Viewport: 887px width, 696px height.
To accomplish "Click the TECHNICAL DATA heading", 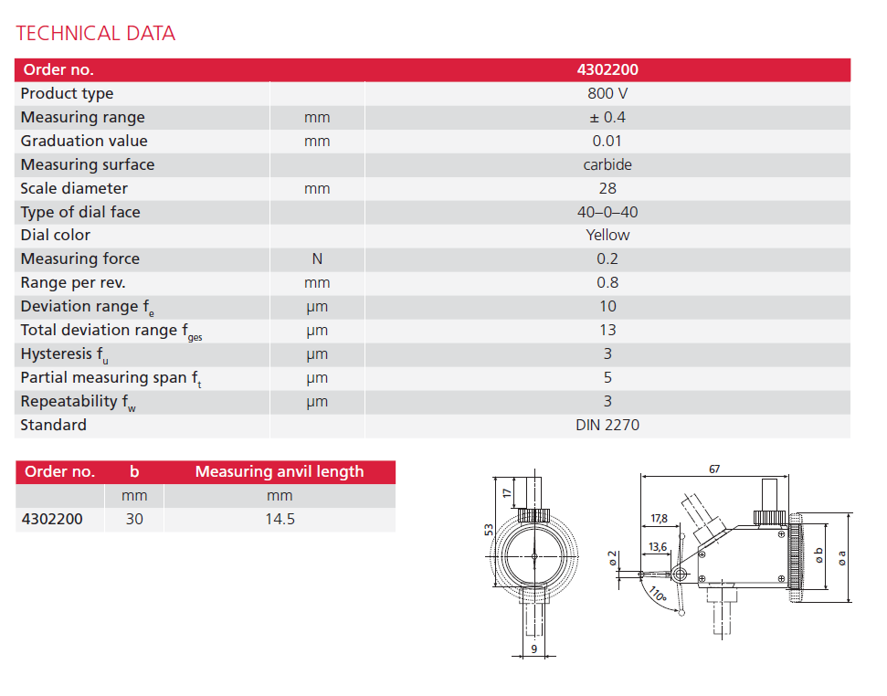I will [96, 34].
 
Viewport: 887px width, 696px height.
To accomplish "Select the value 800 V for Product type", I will [607, 93].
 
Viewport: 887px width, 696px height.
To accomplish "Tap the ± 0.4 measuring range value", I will [607, 117].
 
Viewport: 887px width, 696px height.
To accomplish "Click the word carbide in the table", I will [607, 164].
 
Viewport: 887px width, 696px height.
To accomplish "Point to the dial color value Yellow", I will [607, 235].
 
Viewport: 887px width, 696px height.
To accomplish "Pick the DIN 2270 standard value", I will [607, 425].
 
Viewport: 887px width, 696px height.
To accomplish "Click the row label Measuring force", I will [80, 258].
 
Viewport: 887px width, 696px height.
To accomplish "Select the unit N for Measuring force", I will [317, 259].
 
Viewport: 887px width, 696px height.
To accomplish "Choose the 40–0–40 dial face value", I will [607, 212].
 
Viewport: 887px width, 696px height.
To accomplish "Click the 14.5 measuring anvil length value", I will [280, 520].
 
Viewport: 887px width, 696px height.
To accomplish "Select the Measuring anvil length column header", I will [280, 471].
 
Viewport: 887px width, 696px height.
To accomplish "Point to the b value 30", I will [134, 520].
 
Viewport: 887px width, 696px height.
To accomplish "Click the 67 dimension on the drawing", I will [714, 469].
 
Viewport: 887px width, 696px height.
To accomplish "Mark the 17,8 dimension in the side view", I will [659, 518].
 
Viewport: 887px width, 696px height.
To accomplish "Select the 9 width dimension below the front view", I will [534, 649].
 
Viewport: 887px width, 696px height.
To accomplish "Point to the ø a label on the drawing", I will [842, 555].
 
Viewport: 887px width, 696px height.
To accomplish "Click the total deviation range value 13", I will [607, 330].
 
